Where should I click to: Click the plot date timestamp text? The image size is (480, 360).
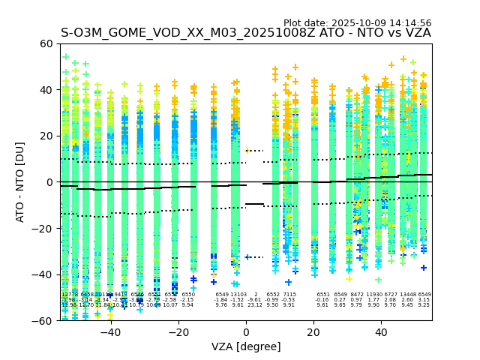point(357,23)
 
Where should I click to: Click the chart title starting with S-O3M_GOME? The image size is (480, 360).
point(246,33)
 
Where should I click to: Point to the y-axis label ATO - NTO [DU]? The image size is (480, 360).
point(20,182)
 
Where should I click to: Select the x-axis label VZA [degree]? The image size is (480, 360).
point(246,346)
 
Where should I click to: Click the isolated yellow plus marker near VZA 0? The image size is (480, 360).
point(248,151)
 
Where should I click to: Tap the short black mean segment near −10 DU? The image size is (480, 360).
point(255,204)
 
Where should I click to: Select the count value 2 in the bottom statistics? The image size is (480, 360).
point(256,295)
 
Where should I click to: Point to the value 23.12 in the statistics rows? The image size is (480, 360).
point(255,305)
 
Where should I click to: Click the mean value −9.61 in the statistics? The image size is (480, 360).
point(255,300)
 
